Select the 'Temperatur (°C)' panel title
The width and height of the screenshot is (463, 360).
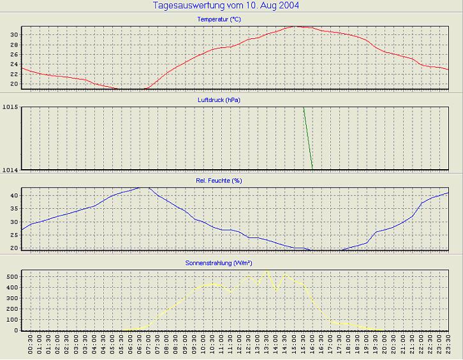pyautogui.click(x=219, y=20)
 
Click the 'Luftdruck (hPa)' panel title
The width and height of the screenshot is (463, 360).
pyautogui.click(x=219, y=100)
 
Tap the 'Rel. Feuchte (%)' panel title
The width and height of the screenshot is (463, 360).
pyautogui.click(x=219, y=181)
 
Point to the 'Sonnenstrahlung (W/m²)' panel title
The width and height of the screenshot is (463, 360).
pyautogui.click(x=219, y=262)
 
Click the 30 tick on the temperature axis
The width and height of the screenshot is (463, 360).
pyautogui.click(x=15, y=34)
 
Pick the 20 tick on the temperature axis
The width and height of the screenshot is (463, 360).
pyautogui.click(x=15, y=84)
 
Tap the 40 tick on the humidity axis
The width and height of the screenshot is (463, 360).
pyautogui.click(x=15, y=195)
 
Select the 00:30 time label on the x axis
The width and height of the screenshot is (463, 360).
pyautogui.click(x=31, y=346)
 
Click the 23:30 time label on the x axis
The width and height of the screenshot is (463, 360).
pyautogui.click(x=448, y=346)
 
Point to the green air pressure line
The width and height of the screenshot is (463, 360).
pyautogui.click(x=308, y=138)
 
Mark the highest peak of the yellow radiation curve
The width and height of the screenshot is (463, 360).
pyautogui.click(x=267, y=271)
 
